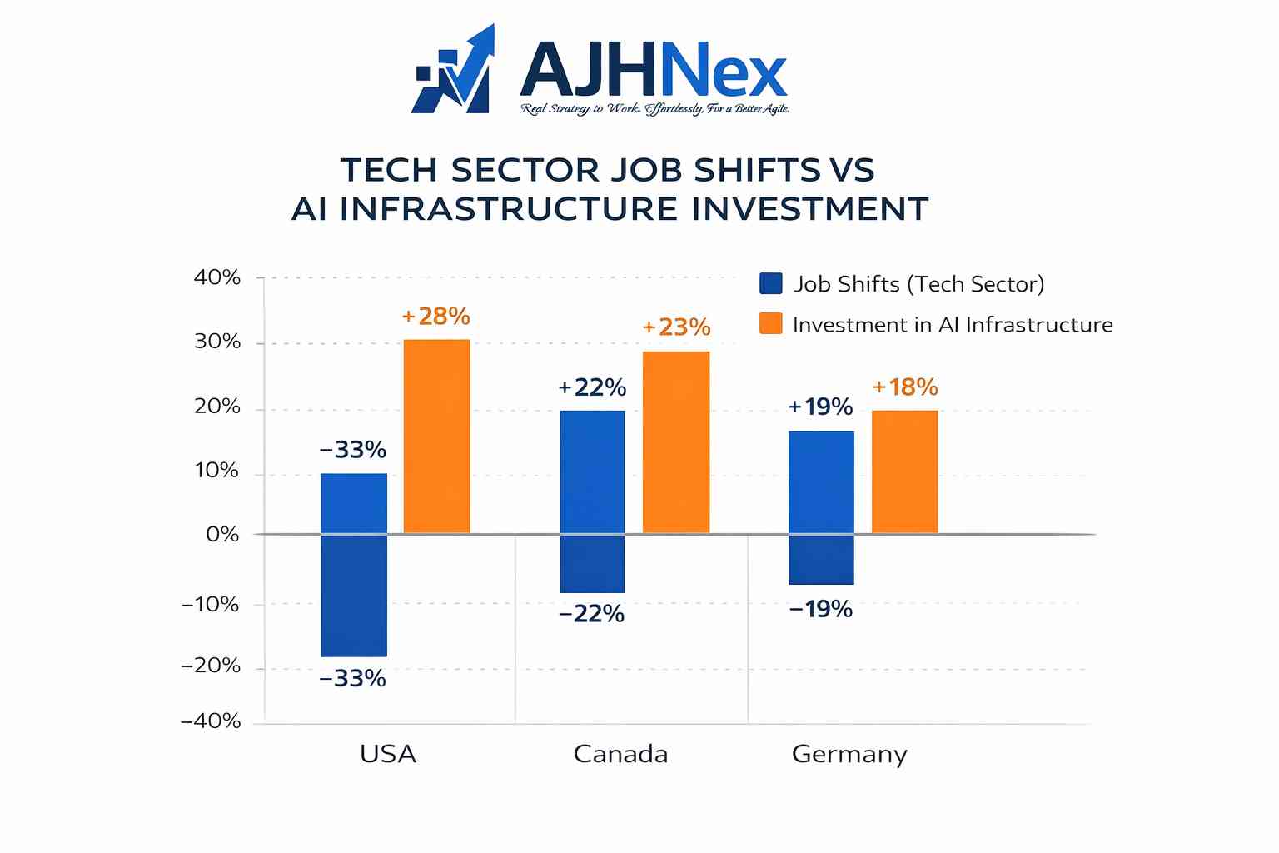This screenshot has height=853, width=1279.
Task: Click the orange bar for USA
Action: pos(436,436)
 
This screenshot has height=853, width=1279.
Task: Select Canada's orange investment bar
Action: pos(675,441)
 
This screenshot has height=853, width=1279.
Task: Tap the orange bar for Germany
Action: pos(904,471)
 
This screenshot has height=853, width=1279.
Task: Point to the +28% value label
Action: pos(435,317)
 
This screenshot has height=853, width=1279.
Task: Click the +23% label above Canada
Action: pos(676,327)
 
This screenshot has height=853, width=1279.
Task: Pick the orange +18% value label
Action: pos(905,387)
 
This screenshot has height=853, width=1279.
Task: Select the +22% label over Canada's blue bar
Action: pos(592,387)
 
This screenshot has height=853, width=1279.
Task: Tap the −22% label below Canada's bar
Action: pos(591,614)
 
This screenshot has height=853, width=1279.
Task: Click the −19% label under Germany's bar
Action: pos(820,610)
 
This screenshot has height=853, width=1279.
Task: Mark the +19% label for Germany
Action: pos(820,407)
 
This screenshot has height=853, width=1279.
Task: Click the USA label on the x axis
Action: pos(388,754)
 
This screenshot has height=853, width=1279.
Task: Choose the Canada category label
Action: pos(620,754)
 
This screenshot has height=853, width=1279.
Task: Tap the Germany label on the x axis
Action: pos(849,754)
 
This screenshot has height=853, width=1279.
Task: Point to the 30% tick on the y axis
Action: pos(217,342)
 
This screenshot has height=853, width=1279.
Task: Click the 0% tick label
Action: pos(222,534)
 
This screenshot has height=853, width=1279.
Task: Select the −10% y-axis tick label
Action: pos(210,604)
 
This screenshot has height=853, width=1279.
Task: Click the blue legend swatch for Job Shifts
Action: pos(771,284)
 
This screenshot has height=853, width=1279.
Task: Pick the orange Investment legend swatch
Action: pos(771,324)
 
